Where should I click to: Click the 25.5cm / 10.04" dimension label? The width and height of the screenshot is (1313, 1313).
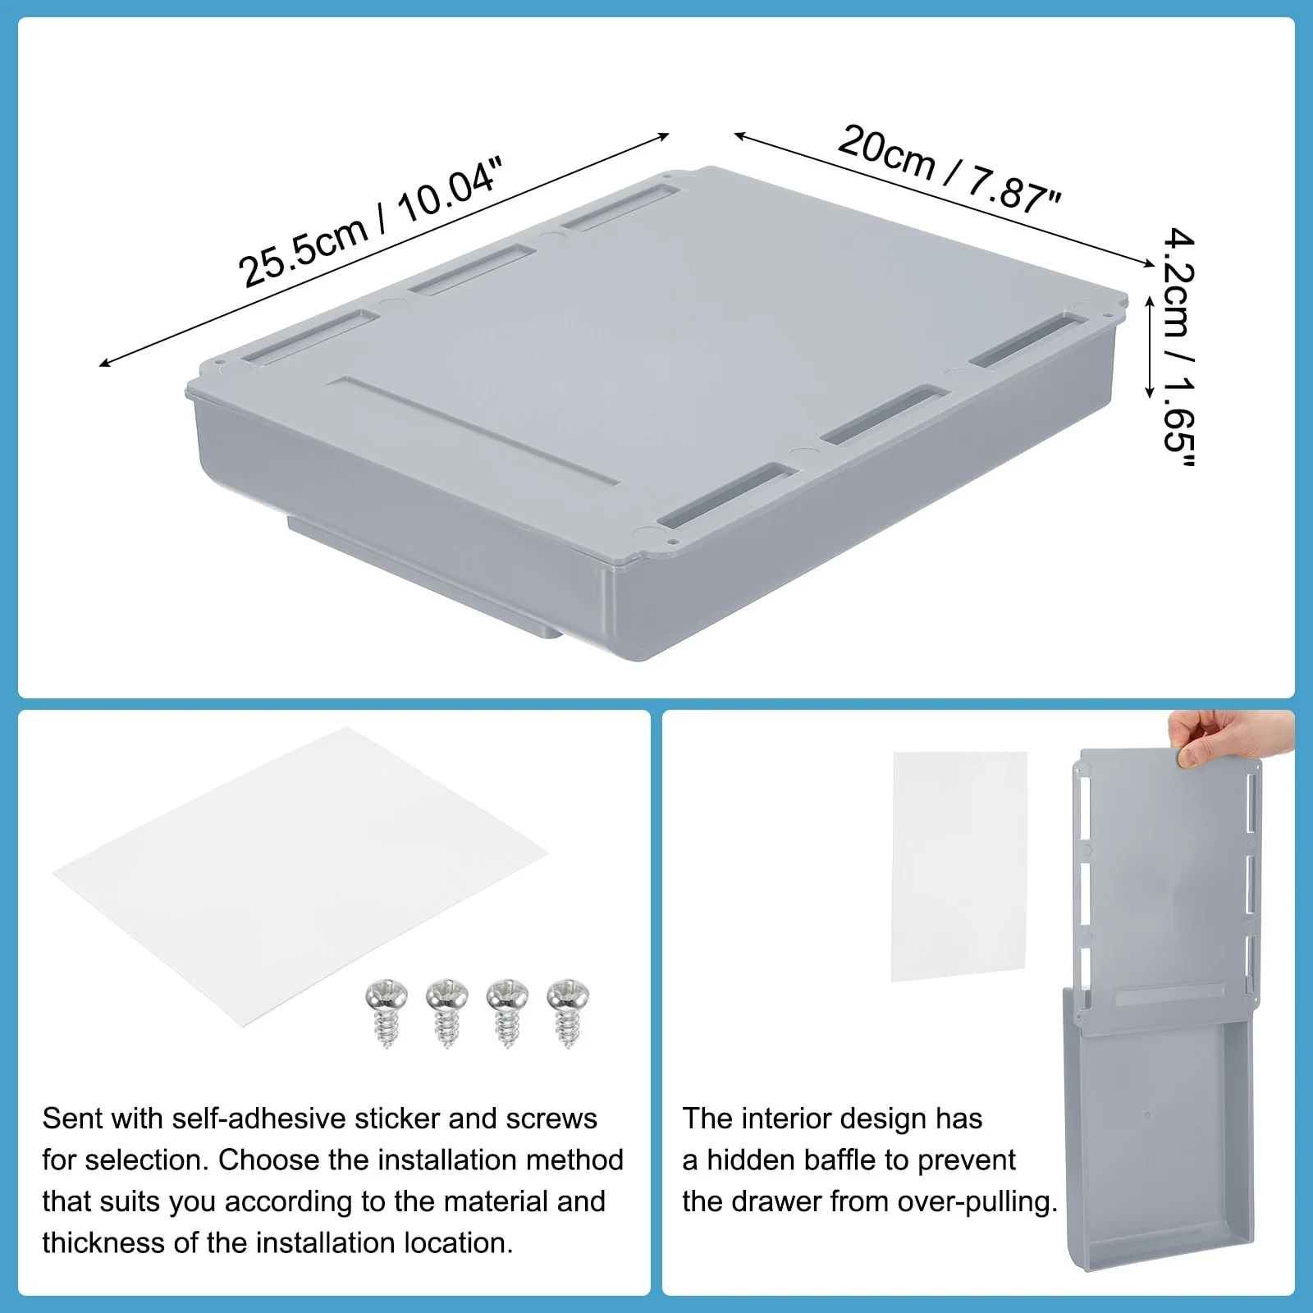coord(369,222)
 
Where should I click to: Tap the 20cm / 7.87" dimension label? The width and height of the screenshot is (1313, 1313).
coord(949,169)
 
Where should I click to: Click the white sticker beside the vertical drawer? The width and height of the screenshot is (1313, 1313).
coord(958,866)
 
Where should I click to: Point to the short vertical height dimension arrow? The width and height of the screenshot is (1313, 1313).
coord(1150,346)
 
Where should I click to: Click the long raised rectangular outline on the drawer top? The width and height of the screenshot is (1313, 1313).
coord(480,433)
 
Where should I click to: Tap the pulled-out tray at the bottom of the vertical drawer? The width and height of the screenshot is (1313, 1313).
coord(1165,1149)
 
